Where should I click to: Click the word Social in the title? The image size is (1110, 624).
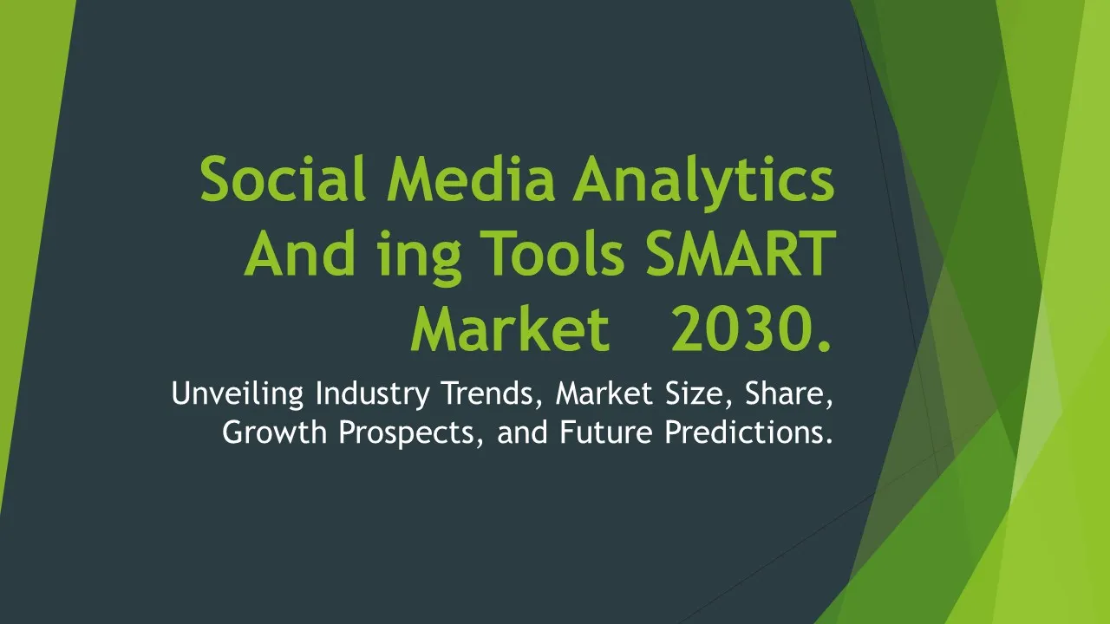click(283, 179)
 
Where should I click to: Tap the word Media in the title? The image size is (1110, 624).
click(471, 179)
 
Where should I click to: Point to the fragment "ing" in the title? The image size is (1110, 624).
click(419, 257)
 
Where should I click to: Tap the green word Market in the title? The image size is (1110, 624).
click(510, 328)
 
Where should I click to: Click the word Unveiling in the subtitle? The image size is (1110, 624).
click(238, 394)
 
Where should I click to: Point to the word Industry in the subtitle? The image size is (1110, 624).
click(372, 394)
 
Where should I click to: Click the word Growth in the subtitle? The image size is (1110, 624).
click(275, 432)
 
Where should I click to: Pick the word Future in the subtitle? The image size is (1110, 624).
click(606, 432)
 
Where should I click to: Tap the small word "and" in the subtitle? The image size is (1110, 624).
click(522, 432)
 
